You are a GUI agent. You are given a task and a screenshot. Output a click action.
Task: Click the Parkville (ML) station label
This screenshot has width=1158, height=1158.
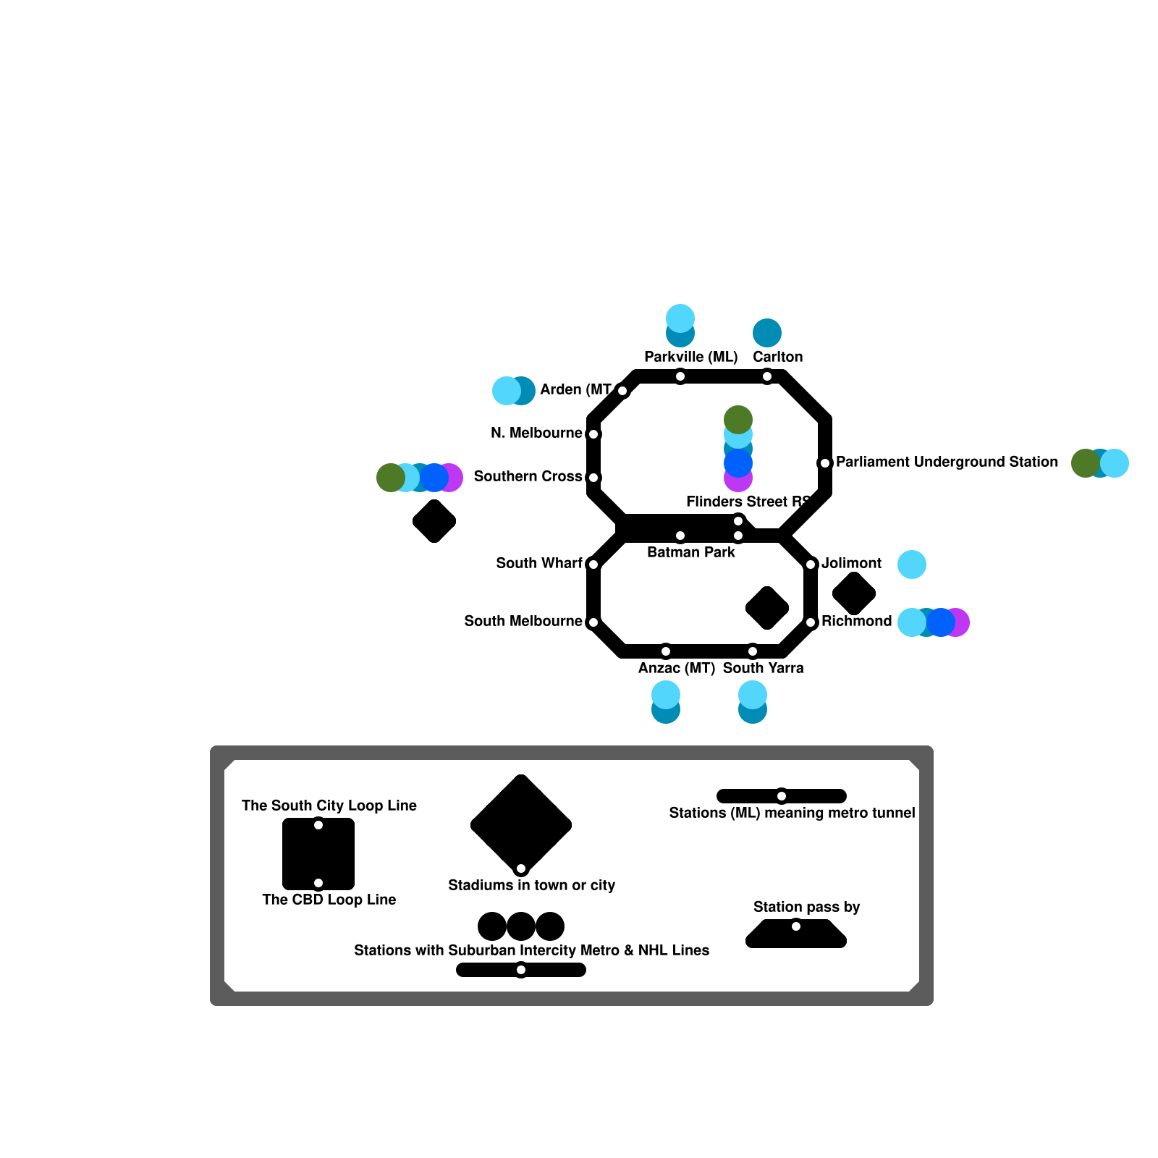coord(690,357)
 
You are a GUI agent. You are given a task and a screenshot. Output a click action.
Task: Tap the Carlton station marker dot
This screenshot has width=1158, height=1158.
coord(767,376)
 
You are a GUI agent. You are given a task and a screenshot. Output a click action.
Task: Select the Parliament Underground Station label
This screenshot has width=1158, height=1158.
coord(947,462)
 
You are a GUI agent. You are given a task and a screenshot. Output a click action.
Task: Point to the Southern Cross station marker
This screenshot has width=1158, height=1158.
coord(593,478)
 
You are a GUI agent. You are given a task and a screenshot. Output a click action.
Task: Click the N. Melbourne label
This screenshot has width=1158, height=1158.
coord(536,433)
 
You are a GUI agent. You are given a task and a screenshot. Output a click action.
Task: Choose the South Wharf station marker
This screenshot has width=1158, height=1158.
coord(593,565)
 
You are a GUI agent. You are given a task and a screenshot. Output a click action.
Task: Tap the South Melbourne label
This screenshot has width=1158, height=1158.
coord(523,621)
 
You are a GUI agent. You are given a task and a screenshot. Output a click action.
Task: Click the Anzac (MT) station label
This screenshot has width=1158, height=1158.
coord(676,668)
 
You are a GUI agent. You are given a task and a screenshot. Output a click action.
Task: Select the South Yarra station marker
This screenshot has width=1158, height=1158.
coord(753,651)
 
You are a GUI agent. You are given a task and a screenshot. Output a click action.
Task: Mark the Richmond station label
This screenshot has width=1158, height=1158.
coord(856,621)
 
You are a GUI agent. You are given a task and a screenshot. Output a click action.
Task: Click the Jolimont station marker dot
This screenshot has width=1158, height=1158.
coord(811,565)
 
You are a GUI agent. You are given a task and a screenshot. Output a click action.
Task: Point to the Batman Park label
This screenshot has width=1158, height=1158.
coord(690,552)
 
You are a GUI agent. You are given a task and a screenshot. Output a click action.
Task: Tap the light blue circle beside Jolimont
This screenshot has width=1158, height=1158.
coord(912,565)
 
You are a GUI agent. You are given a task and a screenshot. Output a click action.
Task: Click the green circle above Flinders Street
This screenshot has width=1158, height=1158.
coord(738,419)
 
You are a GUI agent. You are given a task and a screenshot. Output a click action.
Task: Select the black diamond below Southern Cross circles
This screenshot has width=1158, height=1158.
coord(434,521)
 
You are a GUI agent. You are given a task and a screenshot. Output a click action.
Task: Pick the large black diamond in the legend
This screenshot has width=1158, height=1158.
coord(521,824)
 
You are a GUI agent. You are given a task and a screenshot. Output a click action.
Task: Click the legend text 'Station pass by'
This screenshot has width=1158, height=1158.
coord(806,907)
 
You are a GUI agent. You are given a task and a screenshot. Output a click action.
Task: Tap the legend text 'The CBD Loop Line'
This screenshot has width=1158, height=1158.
coord(329,900)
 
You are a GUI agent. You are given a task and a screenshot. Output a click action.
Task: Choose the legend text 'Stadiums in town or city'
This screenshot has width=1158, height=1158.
coord(531,885)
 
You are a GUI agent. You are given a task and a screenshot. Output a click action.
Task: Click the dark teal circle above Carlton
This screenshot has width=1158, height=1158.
coord(767,333)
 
